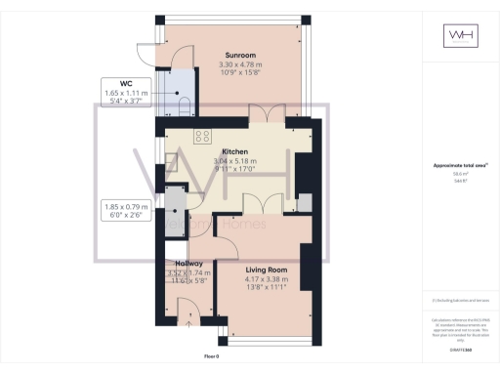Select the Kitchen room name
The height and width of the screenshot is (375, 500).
(x=235, y=151)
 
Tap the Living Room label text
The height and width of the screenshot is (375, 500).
(x=266, y=270)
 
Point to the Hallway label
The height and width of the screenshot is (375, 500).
(x=188, y=264)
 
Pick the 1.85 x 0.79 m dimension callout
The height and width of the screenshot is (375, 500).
(x=126, y=211)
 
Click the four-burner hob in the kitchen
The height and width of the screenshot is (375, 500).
(x=203, y=136)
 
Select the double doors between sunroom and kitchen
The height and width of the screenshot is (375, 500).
(x=264, y=114)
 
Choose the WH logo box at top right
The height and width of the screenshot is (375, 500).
(x=459, y=36)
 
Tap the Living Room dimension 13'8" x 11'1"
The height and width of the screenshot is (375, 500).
(x=266, y=288)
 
